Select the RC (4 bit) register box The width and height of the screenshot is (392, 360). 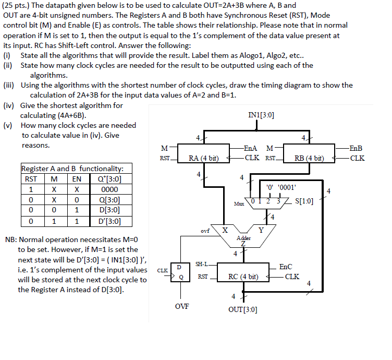244,277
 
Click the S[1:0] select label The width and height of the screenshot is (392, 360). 304,200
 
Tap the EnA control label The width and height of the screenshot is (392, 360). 252,148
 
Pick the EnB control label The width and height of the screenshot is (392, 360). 357,148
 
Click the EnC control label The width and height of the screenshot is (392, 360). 286,267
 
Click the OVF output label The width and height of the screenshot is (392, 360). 182,306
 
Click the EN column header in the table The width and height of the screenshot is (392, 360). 77,179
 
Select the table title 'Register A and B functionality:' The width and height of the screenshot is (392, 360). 72,169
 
